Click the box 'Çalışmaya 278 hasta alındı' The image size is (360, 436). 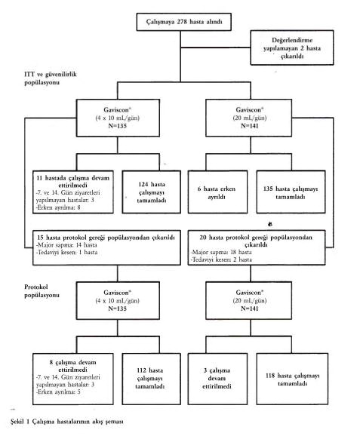183,22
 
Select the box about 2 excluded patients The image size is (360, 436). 292,48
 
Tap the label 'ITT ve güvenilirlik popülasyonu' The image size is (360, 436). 51,78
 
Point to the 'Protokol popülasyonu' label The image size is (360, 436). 42,291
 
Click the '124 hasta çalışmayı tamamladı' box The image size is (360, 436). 152,192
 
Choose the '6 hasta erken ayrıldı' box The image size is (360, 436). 217,192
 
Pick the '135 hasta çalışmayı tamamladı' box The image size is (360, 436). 291,192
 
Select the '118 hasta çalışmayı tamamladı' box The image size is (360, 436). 292,379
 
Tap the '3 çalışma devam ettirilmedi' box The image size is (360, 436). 217,379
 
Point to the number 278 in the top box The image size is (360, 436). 182,22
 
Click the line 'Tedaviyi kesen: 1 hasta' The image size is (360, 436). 67,252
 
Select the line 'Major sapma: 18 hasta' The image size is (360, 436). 221,252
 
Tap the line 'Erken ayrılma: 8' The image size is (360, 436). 58,207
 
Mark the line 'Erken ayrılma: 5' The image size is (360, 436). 58,391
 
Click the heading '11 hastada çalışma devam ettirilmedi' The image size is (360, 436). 73,181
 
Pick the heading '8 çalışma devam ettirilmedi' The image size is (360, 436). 73,366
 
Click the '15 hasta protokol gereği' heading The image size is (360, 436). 106,238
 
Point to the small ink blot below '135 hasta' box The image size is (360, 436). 269,223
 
